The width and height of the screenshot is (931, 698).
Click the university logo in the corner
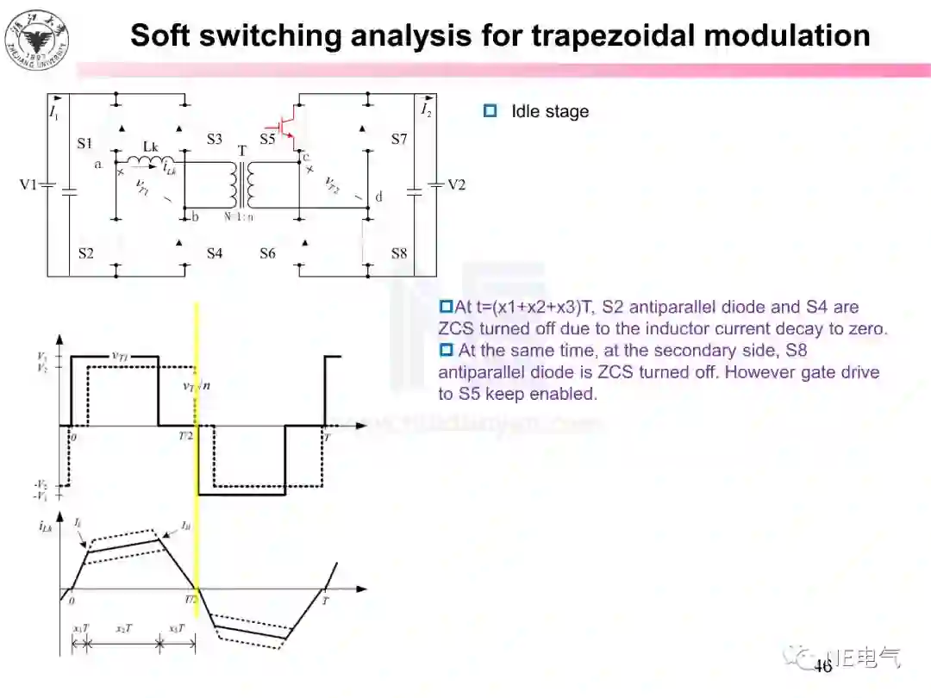36,40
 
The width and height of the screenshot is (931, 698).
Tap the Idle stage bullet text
550,111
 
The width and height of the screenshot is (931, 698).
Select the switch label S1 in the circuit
84,144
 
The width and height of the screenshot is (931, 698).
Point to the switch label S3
214,139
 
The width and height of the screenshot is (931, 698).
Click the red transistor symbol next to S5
290,126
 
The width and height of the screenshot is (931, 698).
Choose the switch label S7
398,139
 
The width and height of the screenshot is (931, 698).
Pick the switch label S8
398,253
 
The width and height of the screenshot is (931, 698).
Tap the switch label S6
268,253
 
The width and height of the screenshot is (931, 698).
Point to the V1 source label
28,184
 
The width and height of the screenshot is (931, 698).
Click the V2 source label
456,184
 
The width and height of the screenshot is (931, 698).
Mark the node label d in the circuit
378,197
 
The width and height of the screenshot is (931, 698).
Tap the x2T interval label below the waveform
124,628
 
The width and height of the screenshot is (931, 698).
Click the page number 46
823,666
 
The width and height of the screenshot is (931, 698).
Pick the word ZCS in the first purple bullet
456,328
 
